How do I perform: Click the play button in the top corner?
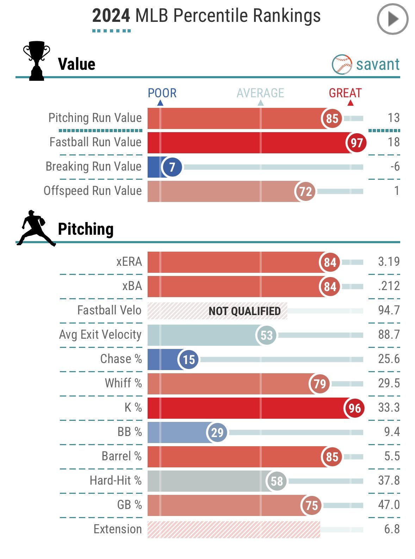coord(392,19)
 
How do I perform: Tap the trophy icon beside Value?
coord(36,61)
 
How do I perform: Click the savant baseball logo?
coord(342,64)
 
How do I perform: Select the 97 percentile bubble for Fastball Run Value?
coord(357,142)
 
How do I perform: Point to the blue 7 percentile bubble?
coord(172,167)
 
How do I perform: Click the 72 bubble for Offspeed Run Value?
coord(305,191)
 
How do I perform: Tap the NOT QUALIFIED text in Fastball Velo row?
coord(244,311)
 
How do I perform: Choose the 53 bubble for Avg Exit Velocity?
coord(266,335)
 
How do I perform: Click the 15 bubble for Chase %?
coord(188,359)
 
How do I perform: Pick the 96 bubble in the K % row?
coord(354,408)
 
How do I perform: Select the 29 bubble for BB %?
coord(217,432)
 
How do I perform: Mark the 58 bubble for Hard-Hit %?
coord(277,481)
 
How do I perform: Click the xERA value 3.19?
coord(389,262)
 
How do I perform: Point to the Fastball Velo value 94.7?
coord(389,310)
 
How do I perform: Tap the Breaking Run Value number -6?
coord(395,166)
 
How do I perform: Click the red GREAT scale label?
coord(345,93)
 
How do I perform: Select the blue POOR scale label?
coord(162,93)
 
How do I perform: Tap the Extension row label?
coord(118,529)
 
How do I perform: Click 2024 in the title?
coord(111,16)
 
